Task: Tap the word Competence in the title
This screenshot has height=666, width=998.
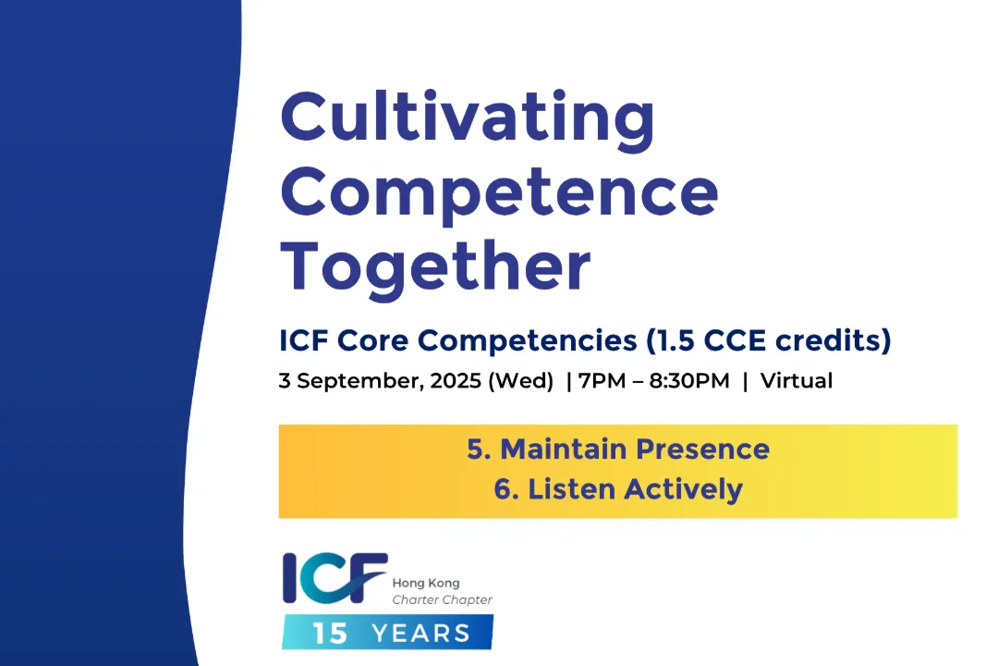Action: point(499,193)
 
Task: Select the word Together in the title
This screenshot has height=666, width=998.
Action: point(435,267)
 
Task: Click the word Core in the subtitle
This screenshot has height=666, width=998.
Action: point(372,340)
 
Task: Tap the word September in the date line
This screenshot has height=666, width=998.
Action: point(358,381)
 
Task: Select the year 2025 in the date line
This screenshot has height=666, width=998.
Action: point(456,380)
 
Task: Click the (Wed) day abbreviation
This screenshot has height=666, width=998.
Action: point(520,380)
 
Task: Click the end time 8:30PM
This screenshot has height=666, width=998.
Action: point(689,380)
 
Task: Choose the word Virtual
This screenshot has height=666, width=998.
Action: point(797,380)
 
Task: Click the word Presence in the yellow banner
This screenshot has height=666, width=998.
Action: point(702,450)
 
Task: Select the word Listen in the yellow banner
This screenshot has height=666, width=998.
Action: point(571,489)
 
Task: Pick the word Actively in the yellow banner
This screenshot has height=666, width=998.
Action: point(683,490)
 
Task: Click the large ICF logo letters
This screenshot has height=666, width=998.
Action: point(335,578)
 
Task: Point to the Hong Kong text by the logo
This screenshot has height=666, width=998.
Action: point(426,583)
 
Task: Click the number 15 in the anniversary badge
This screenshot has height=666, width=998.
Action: point(330,634)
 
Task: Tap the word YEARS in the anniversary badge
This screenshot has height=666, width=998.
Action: point(420,634)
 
